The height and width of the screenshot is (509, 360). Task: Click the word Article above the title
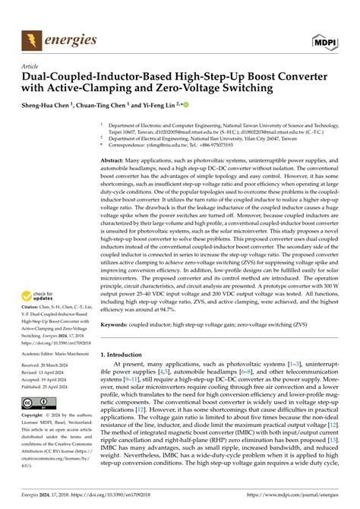[x=31, y=68]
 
